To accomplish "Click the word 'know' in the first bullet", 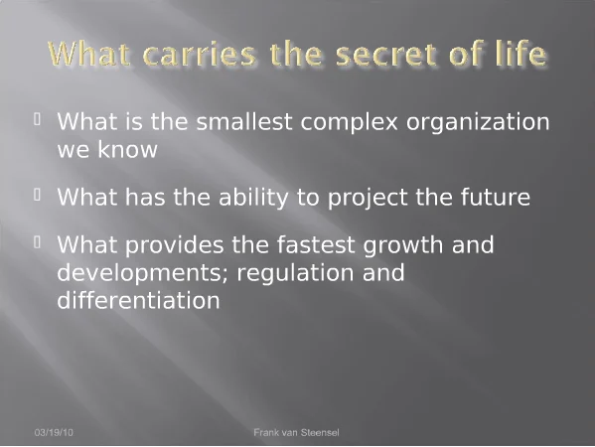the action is coord(127,149).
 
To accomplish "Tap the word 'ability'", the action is coord(253,199).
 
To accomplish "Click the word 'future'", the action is coord(496,197).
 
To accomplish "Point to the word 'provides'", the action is coord(174,246).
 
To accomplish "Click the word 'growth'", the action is coord(402,246).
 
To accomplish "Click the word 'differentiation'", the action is coord(138,300).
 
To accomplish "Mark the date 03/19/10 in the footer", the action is coord(54,432).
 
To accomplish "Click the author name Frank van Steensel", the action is coord(296,432).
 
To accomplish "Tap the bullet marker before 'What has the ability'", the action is coord(37,195).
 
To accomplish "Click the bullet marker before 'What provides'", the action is coord(37,242).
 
